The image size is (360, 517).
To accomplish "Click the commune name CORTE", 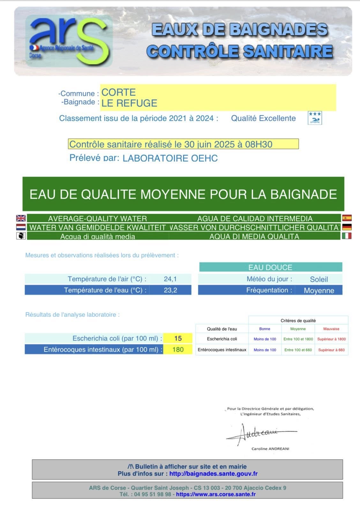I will (118, 92).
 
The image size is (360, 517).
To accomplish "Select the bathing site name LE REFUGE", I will (129, 103).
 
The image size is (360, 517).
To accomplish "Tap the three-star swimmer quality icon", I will (315, 118).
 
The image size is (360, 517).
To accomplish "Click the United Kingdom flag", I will (21, 218).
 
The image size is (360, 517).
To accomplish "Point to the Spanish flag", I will (347, 218).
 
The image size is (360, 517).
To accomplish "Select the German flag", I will (347, 227).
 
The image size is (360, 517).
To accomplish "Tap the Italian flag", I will (347, 236).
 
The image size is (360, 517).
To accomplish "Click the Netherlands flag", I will (21, 227).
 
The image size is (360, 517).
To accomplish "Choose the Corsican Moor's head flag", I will (21, 236).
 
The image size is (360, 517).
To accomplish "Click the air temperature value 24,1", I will (170, 279).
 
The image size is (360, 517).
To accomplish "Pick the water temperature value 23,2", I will (170, 290).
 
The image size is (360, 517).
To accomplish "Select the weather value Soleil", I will (319, 279).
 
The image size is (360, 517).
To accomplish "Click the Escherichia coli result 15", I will (178, 338).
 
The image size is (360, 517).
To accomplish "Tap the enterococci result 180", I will (178, 350).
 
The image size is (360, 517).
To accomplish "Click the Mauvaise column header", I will (331, 329).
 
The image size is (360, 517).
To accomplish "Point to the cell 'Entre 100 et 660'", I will (298, 350).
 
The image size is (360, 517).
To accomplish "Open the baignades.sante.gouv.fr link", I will (213, 474).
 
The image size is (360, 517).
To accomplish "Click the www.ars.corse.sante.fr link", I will (216, 494).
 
